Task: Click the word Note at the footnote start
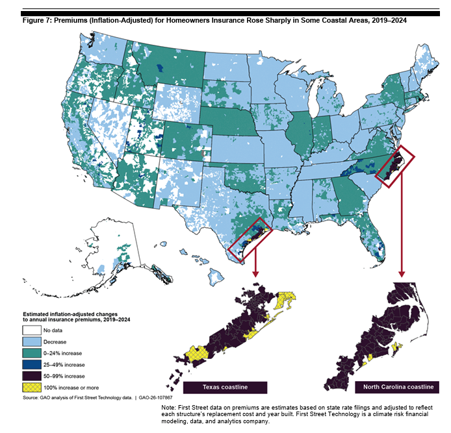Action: click(169, 408)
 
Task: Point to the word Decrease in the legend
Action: click(55, 341)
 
